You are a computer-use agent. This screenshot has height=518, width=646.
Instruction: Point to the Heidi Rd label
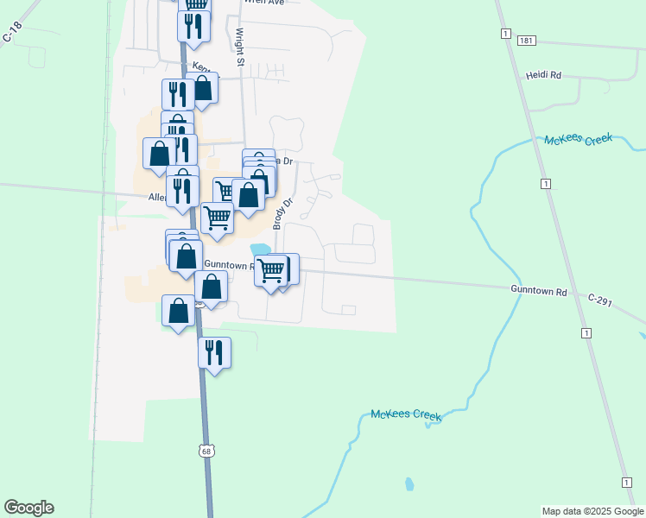pyautogui.click(x=543, y=76)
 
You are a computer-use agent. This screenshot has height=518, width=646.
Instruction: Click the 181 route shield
pyautogui.click(x=526, y=41)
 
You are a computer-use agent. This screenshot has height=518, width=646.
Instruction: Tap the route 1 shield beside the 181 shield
pyautogui.click(x=502, y=33)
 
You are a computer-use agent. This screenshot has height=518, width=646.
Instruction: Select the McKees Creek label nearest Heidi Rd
pyautogui.click(x=578, y=139)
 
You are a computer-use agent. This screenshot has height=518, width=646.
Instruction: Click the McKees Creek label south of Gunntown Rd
pyautogui.click(x=406, y=415)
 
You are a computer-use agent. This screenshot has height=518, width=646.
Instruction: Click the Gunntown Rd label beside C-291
pyautogui.click(x=538, y=291)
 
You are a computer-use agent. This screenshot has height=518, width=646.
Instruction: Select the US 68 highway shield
pyautogui.click(x=205, y=451)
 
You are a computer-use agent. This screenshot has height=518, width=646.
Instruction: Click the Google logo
pyautogui.click(x=28, y=508)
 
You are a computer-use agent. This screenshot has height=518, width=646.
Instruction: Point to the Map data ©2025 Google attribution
pyautogui.click(x=592, y=511)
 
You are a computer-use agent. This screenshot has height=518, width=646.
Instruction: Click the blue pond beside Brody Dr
pyautogui.click(x=259, y=250)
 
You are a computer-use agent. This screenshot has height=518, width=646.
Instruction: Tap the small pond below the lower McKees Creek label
pyautogui.click(x=408, y=483)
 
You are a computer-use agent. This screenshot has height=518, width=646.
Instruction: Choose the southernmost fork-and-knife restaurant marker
pyautogui.click(x=214, y=352)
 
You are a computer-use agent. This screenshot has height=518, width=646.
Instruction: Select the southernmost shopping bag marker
pyautogui.click(x=179, y=311)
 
